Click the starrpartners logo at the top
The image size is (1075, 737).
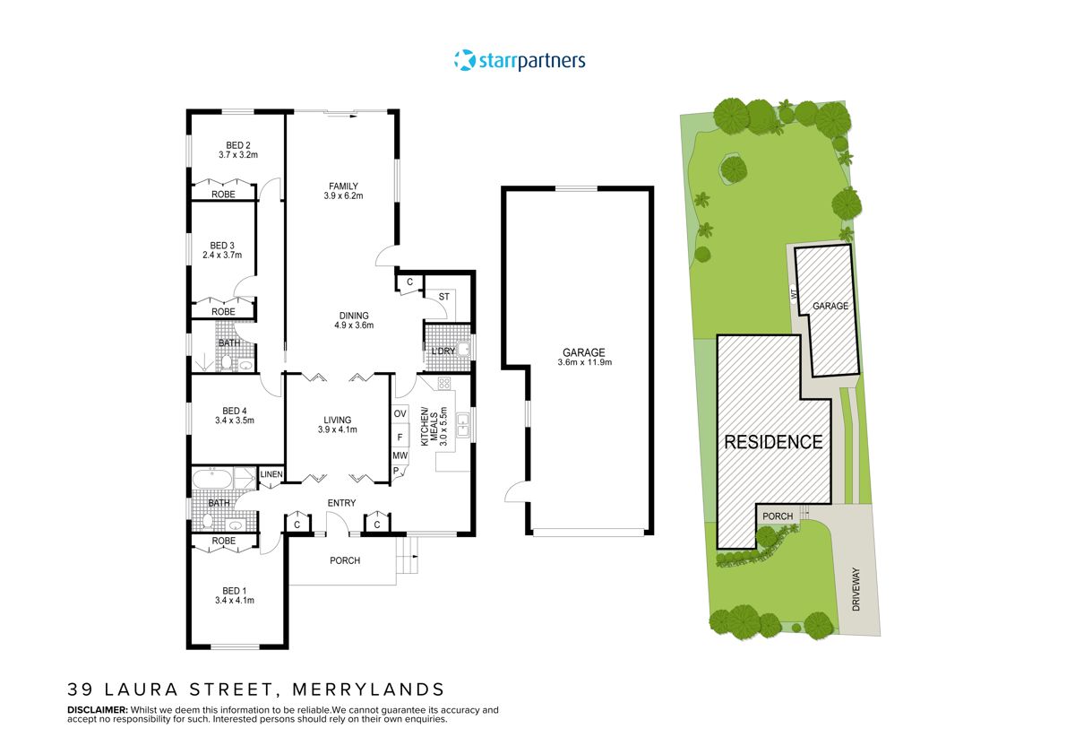[x=520, y=61]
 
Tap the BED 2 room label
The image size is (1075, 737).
[x=237, y=150]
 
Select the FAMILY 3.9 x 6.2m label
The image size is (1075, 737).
[x=343, y=191]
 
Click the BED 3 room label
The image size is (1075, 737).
[x=222, y=250]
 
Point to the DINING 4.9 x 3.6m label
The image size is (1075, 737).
[x=354, y=320]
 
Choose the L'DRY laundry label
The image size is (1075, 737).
[x=443, y=350]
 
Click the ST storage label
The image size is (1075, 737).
[x=443, y=297]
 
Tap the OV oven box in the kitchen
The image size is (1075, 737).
[x=400, y=413]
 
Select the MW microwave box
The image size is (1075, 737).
[x=400, y=455]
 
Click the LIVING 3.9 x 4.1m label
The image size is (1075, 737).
[x=338, y=424]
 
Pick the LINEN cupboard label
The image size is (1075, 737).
[x=271, y=474]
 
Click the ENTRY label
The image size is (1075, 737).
[x=341, y=503]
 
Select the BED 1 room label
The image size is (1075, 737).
[x=235, y=595]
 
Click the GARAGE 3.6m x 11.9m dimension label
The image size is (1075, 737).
[x=584, y=358]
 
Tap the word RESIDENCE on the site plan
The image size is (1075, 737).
[x=773, y=442]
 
